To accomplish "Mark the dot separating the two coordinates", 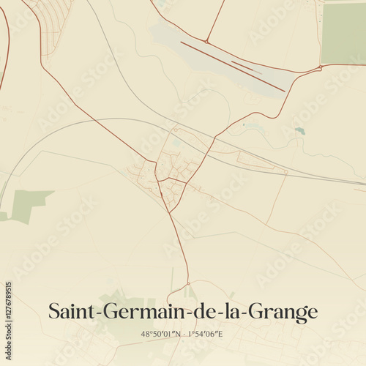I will (x=184, y=335).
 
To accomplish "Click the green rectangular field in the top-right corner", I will (x=343, y=33).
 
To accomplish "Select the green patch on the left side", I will (x=29, y=203).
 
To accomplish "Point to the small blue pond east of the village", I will (x=299, y=131).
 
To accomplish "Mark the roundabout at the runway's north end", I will (x=207, y=42).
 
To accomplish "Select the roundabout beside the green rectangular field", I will (x=320, y=68).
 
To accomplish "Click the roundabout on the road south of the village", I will (x=188, y=283).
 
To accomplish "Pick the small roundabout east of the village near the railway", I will (x=286, y=173).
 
